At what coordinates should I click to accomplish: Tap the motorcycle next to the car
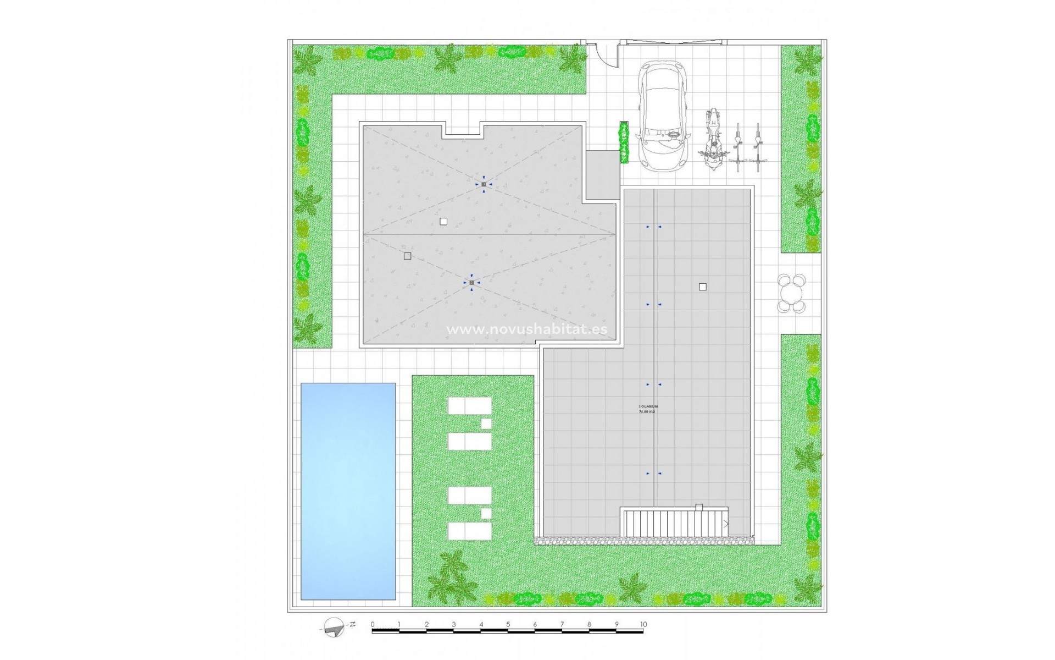(x=712, y=140)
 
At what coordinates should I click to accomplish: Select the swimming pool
(x=348, y=491)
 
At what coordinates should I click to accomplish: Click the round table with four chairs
(x=792, y=294)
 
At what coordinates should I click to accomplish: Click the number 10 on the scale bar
(x=643, y=624)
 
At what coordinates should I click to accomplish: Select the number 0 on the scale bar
(x=373, y=624)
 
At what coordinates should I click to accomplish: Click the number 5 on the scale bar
(x=508, y=624)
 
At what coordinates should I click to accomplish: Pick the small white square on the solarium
(x=702, y=287)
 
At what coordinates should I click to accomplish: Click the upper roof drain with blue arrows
(x=484, y=184)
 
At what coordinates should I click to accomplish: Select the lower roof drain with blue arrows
(x=471, y=283)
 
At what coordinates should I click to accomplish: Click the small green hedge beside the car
(x=624, y=142)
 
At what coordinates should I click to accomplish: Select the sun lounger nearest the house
(x=469, y=406)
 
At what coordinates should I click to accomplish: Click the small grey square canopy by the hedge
(x=602, y=175)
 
